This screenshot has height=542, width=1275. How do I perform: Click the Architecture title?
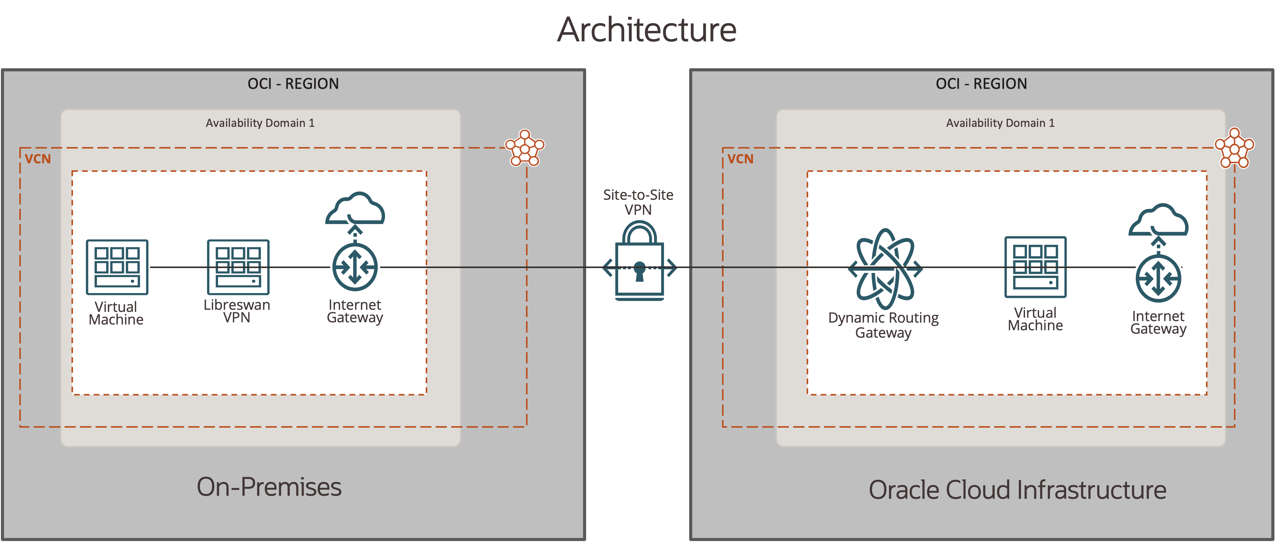pyautogui.click(x=647, y=30)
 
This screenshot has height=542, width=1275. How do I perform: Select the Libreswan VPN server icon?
pyautogui.click(x=238, y=267)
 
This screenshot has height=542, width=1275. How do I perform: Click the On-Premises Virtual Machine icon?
pyautogui.click(x=117, y=267)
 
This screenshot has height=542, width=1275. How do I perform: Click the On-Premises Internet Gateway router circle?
pyautogui.click(x=355, y=267)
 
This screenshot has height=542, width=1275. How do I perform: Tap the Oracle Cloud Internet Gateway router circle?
pyautogui.click(x=1158, y=279)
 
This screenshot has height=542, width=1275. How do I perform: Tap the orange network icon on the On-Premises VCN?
pyautogui.click(x=525, y=147)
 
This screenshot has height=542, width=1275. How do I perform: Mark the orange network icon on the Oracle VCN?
pyautogui.click(x=1235, y=147)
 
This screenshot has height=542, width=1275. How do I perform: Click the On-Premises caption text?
pyautogui.click(x=269, y=487)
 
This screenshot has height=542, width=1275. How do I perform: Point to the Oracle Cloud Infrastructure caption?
pyautogui.click(x=1017, y=490)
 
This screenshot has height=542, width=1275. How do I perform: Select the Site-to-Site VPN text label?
pyautogui.click(x=638, y=202)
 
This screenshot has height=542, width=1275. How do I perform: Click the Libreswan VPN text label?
pyautogui.click(x=236, y=311)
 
